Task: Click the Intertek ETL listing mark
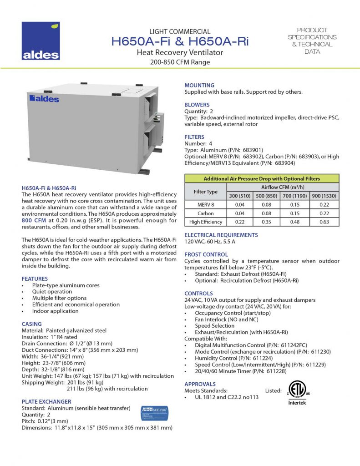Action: click(x=296, y=393)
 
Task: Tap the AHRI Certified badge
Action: click(x=155, y=411)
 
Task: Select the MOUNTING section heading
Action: click(x=199, y=85)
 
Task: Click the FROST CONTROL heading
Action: click(x=206, y=254)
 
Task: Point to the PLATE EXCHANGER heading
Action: click(x=46, y=401)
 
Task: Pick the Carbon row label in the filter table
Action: click(x=206, y=213)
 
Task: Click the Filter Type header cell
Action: click(x=206, y=192)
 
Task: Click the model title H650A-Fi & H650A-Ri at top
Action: click(x=180, y=42)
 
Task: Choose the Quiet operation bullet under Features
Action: click(x=52, y=292)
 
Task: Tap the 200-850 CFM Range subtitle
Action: click(x=180, y=62)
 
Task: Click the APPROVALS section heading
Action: click(x=200, y=384)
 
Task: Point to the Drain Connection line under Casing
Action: click(x=67, y=343)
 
